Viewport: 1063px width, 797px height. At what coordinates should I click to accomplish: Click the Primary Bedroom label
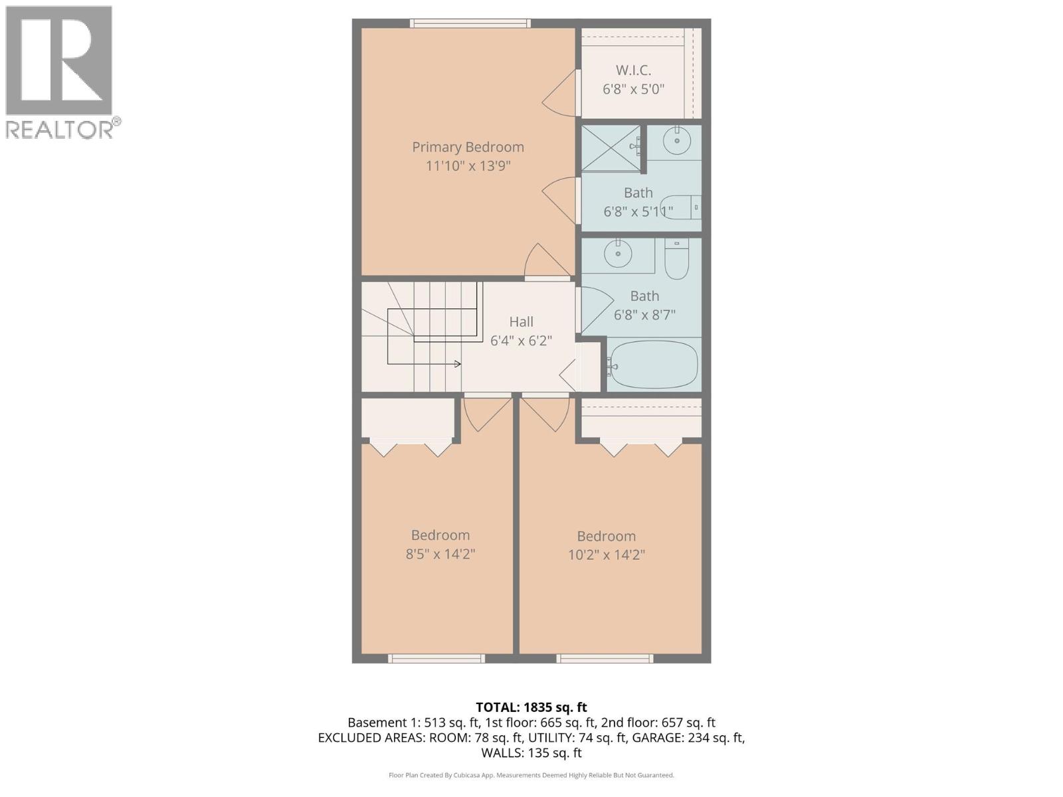click(x=468, y=147)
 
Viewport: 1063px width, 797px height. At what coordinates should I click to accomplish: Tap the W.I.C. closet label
click(x=633, y=70)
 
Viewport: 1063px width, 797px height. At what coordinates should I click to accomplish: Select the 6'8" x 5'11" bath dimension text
click(x=638, y=212)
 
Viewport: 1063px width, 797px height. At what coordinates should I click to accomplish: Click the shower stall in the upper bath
click(x=611, y=149)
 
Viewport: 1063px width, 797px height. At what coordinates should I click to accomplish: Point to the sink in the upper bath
click(x=677, y=141)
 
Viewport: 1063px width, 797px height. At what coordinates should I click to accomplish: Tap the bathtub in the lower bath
click(x=654, y=365)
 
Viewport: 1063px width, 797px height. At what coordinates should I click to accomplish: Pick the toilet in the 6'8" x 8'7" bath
click(x=676, y=260)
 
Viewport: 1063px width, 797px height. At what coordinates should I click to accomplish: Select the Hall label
click(x=521, y=322)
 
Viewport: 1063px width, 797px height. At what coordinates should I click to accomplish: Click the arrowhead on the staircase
click(x=458, y=364)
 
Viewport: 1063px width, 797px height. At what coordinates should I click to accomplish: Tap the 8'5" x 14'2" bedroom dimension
click(x=440, y=554)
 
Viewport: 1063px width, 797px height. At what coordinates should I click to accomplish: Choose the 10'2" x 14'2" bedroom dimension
click(x=606, y=555)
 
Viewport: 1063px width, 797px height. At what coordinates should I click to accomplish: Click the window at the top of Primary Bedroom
click(x=470, y=23)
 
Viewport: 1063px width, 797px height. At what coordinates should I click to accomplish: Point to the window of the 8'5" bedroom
click(x=436, y=659)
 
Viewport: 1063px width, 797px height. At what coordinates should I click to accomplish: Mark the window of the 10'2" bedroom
click(x=605, y=659)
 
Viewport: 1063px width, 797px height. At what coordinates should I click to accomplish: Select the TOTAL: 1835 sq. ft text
click(x=531, y=707)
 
